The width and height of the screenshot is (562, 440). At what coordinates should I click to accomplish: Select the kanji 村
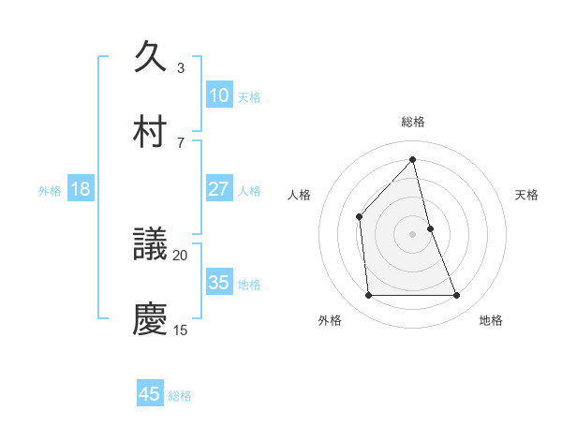pos(151,130)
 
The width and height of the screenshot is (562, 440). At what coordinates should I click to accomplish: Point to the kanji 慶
pos(151,319)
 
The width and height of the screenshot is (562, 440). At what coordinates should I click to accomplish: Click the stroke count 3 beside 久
pos(181,68)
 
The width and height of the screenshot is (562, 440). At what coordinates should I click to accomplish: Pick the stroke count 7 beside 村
pos(181,142)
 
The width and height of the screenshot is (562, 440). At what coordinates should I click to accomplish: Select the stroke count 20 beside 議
pos(181,255)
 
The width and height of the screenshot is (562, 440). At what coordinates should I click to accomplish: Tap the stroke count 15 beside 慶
pos(181,330)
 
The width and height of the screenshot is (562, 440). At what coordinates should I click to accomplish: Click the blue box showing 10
pos(218,95)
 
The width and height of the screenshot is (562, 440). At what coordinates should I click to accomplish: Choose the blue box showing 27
pos(218,189)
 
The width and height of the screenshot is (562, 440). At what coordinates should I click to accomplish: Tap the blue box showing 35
pos(218,283)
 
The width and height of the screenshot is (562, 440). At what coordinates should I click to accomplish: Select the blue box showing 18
pos(81,189)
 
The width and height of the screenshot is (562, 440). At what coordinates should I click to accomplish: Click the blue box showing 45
pos(150,394)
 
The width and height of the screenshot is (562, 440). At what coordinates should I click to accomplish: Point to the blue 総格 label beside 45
pos(180,396)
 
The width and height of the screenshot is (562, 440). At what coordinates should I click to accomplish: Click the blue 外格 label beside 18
pos(50,191)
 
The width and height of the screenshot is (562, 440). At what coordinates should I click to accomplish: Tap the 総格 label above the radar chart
pos(412,122)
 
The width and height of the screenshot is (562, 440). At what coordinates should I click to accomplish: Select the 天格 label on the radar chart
pos(527,195)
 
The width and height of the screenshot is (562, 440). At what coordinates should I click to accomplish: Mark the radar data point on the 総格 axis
pos(412,159)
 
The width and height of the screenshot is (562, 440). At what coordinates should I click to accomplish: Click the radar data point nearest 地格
pos(457,296)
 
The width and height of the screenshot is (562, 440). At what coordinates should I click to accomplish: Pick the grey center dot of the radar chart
pos(412,234)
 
